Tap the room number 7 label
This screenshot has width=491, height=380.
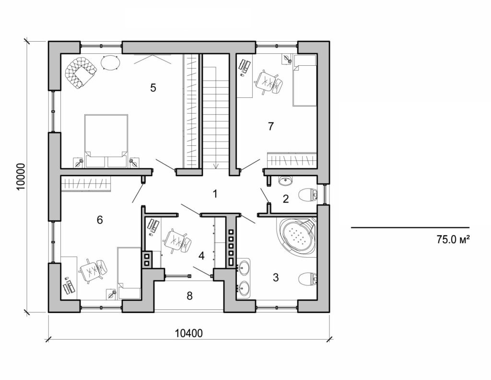tap(271, 127)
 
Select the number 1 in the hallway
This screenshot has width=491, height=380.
tap(215, 194)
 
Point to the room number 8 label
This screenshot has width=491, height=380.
tap(189, 296)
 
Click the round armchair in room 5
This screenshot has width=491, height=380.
tap(80, 72)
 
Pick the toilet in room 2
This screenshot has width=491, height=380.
tap(307, 195)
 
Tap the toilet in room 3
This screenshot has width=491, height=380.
tap(307, 278)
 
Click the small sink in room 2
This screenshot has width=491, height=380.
tap(285, 180)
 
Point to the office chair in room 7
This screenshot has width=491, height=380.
tap(269, 81)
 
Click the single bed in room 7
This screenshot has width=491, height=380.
tap(305, 80)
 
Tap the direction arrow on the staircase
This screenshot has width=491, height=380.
tap(216, 163)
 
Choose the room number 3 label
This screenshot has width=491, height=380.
tap(275, 277)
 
